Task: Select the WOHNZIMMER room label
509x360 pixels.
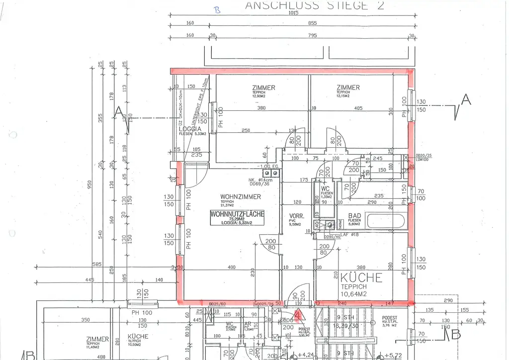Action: tap(237, 197)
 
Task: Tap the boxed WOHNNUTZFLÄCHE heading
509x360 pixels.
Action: tap(237, 214)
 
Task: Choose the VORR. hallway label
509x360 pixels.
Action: tap(296, 217)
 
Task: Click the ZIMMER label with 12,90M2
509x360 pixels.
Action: tap(263, 88)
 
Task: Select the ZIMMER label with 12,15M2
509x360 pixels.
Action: tap(347, 88)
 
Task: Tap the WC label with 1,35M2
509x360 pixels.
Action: tap(326, 189)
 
